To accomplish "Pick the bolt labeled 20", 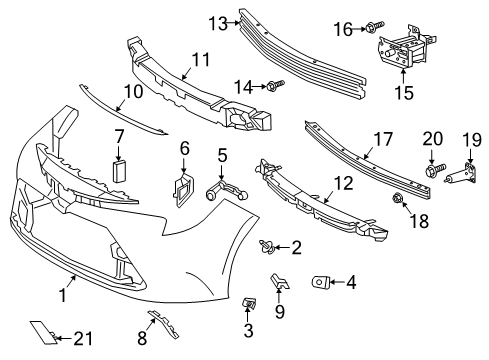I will [x=432, y=172].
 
